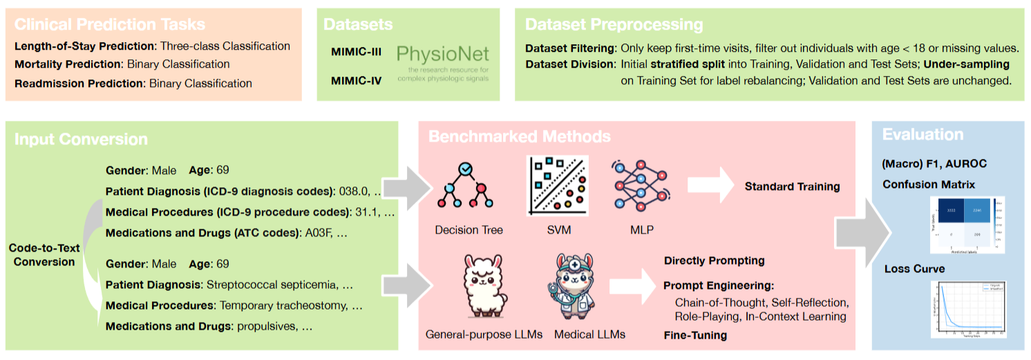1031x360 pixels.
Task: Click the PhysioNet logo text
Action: tap(443, 54)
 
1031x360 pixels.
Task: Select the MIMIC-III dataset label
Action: tap(357, 53)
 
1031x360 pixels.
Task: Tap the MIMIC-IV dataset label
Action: tap(357, 81)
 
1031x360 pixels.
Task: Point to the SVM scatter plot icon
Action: tap(558, 186)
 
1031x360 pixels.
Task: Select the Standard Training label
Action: tap(792, 187)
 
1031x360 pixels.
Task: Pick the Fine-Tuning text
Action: tap(695, 335)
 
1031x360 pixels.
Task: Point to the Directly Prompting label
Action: tap(714, 260)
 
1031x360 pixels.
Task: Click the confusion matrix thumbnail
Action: tap(965, 223)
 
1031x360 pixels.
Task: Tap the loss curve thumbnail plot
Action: tap(966, 307)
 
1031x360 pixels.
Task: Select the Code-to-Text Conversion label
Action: tap(44, 255)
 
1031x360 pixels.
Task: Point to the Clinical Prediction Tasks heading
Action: tap(110, 24)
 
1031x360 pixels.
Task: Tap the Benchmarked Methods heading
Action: tap(519, 135)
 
